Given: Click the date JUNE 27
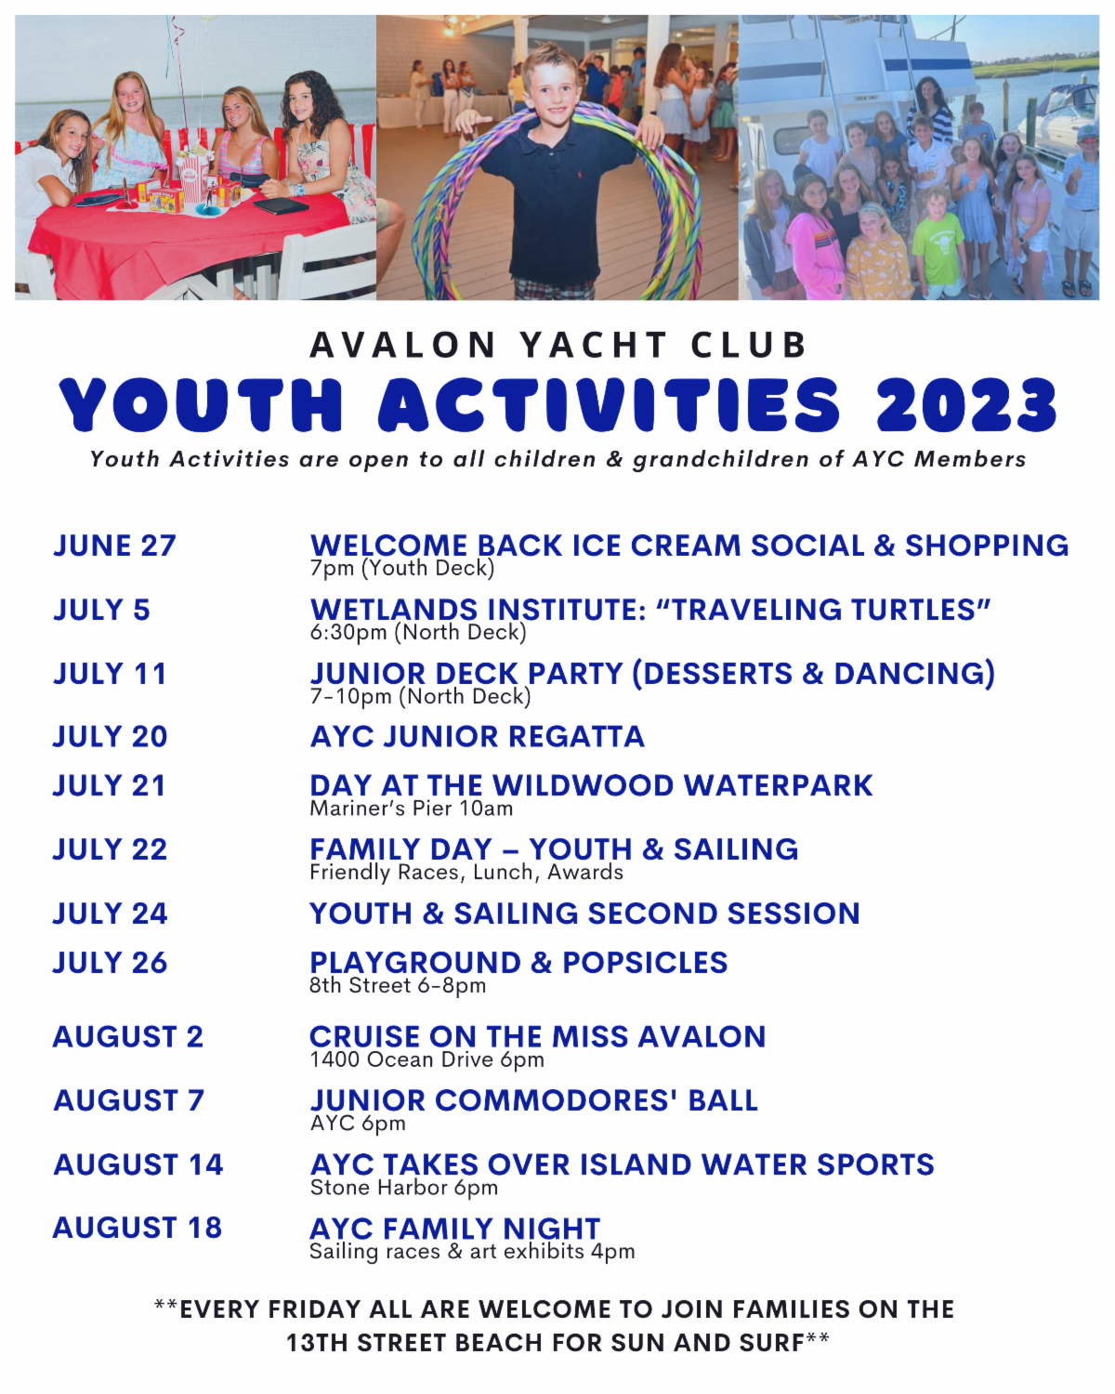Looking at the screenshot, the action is tap(114, 546).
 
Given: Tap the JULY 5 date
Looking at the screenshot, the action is tap(101, 610).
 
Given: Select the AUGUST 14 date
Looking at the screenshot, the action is tap(138, 1164).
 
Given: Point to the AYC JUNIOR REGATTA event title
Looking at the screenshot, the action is tap(477, 737).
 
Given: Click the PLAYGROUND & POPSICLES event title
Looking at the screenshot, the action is tap(518, 963).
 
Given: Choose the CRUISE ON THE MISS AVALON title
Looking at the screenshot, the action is tap(537, 1036).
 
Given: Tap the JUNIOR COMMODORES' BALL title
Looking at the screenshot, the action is tap(534, 1100).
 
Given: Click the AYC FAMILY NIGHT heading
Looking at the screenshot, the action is tap(454, 1229).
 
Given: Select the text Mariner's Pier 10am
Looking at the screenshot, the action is tap(412, 809).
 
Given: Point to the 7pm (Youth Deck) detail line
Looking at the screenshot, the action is tap(402, 568).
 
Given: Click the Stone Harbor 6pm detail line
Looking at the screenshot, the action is tap(403, 1188).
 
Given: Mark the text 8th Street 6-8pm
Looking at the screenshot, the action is tap(398, 986).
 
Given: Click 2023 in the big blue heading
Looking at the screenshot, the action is tap(966, 404).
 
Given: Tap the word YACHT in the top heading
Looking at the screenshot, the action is tap(593, 345).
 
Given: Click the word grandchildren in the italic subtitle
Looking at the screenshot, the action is tap(720, 459).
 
